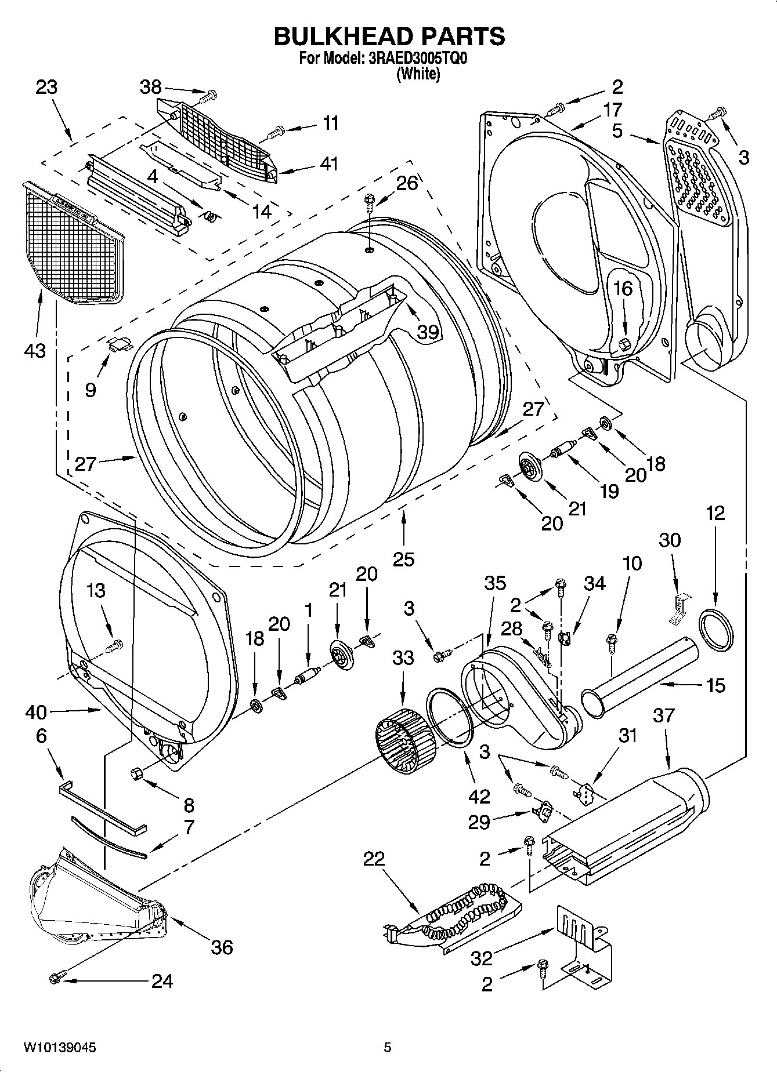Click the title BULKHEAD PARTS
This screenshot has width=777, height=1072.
(x=389, y=36)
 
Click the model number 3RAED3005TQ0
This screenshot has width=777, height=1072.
(x=415, y=59)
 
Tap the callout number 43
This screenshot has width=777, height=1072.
(x=35, y=350)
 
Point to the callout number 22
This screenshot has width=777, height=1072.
(x=374, y=859)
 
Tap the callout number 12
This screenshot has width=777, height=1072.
(x=715, y=513)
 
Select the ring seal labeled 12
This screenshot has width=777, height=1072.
(x=716, y=630)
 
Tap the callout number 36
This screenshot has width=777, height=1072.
(x=222, y=947)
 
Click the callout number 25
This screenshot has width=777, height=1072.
(x=403, y=559)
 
